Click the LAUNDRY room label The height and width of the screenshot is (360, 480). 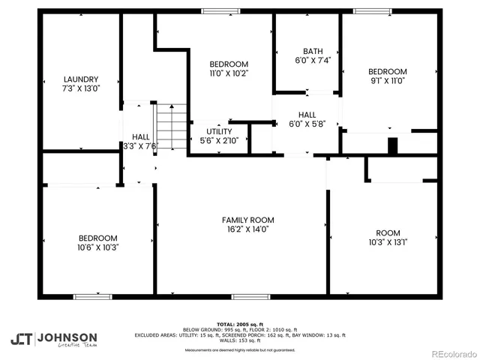[x=82, y=79]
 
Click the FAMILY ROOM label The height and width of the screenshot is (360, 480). [x=247, y=220]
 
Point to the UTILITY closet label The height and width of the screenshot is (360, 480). [x=220, y=131]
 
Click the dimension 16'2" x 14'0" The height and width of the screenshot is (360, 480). [x=247, y=230]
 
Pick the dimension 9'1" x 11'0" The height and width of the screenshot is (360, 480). [x=388, y=81]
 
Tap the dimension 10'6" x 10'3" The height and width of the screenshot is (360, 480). [x=98, y=247]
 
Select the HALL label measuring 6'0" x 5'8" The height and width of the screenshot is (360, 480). [x=307, y=115]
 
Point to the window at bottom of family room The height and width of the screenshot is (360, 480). [x=250, y=296]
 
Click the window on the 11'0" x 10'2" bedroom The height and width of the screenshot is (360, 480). [x=216, y=11]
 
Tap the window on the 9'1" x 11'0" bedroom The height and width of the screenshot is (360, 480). [x=373, y=11]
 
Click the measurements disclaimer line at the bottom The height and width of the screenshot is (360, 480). [x=240, y=350]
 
